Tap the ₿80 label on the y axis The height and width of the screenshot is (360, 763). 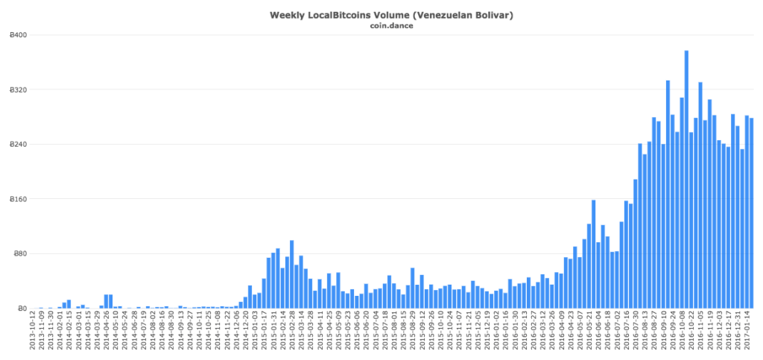point(21,253)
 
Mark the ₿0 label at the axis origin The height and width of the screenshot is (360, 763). point(23,309)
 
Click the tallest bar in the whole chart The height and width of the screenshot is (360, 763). point(686,179)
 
